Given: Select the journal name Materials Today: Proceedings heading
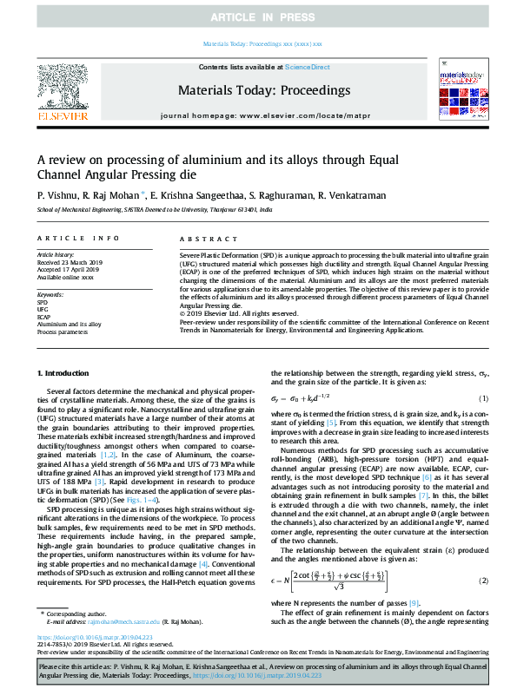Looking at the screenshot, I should pyautogui.click(x=263, y=89).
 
